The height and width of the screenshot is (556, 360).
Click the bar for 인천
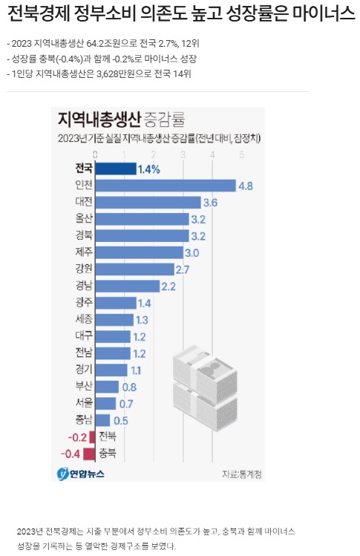pos(166,186)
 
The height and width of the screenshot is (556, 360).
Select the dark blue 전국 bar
pos(116,169)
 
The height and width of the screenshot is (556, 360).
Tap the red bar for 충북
pos(89,454)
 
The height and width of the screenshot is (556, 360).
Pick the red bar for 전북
pos(92,437)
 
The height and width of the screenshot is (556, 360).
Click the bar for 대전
pos(148,202)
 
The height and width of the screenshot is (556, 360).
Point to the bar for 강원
pos(135,269)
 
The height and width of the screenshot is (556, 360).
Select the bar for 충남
pos(103,420)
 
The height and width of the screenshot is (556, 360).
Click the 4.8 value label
pos(245,186)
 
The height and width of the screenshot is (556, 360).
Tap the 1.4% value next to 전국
pos(148,169)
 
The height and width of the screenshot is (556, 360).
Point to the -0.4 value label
pos(72,454)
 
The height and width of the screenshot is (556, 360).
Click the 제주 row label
pos(83,252)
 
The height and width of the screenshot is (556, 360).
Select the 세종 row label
pos(83,319)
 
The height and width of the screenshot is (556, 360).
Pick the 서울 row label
pos(83,403)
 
